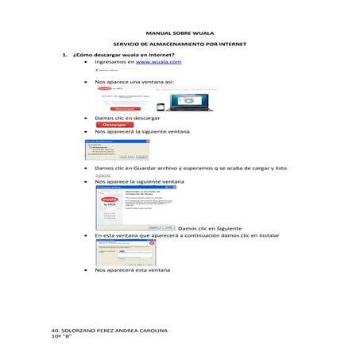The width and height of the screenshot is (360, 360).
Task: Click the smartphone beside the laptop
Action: click(161, 106)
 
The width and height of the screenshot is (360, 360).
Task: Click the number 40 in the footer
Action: click(53, 330)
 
